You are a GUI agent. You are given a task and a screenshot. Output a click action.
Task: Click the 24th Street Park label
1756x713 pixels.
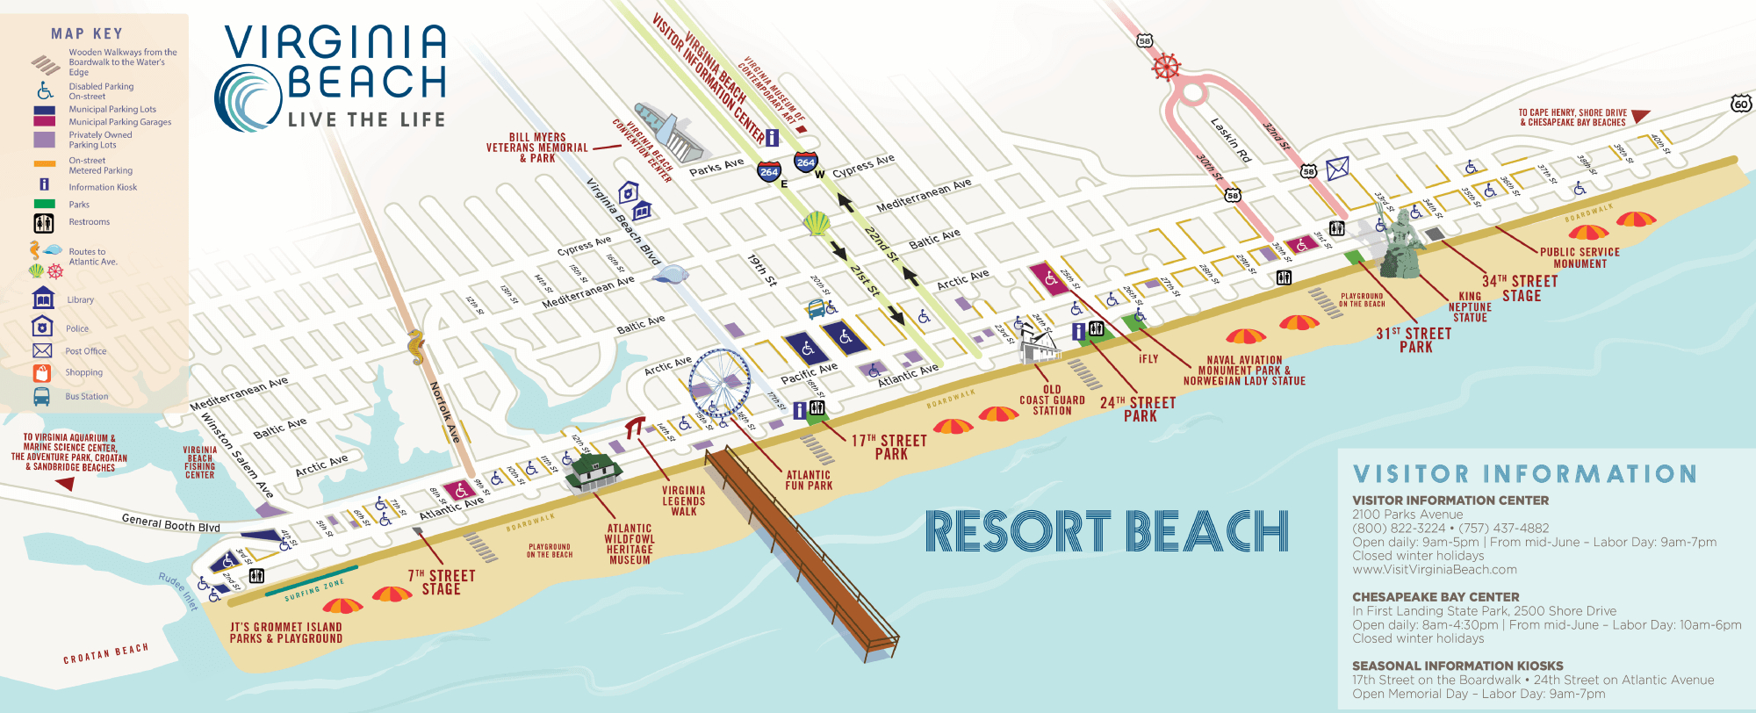[1138, 409]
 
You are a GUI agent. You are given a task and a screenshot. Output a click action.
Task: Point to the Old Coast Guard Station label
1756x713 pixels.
[1052, 400]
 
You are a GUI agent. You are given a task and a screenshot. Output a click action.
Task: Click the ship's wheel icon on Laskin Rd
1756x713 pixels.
[1166, 67]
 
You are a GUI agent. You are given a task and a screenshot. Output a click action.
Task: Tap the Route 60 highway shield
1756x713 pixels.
[1740, 104]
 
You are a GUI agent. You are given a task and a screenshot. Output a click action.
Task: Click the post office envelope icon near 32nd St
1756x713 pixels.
[1337, 168]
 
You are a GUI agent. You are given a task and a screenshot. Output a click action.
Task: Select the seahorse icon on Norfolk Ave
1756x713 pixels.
[416, 347]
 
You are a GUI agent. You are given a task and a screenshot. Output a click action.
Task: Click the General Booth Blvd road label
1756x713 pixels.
[170, 523]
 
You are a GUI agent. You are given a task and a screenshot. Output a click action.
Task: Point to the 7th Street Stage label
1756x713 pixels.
[441, 582]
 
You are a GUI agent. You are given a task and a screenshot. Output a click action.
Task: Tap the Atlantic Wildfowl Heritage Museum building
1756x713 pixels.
[594, 473]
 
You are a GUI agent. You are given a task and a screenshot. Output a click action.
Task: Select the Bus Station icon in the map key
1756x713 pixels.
[42, 397]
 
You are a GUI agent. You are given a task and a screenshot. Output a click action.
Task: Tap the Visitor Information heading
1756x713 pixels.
[1524, 474]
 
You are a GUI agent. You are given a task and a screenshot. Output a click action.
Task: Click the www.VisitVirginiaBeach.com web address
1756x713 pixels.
[1435, 569]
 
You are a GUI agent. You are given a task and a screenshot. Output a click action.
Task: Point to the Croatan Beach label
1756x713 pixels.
[105, 653]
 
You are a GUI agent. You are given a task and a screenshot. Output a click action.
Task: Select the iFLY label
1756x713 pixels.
[1148, 359]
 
